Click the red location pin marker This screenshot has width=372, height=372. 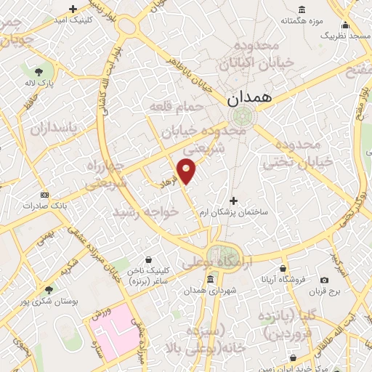click(187, 170)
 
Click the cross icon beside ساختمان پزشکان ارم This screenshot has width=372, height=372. click(233, 201)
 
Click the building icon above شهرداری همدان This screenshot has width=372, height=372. click(211, 280)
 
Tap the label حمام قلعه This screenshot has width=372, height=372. click(172, 107)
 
